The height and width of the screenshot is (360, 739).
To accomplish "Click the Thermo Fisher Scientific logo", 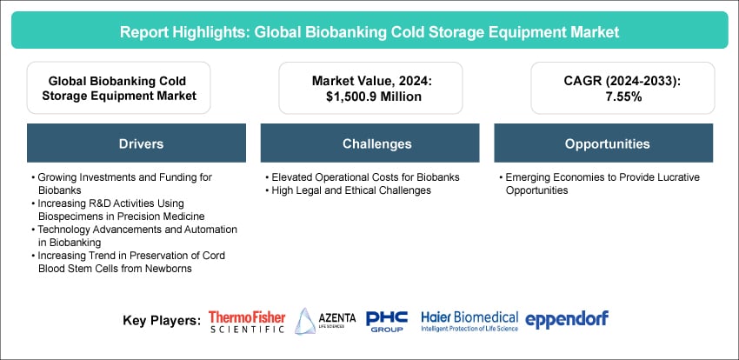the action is point(247,322).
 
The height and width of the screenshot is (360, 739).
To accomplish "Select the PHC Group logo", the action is point(387,322).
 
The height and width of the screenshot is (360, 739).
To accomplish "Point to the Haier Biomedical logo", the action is point(469,321).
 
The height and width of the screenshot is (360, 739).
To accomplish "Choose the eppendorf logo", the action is point(567,320).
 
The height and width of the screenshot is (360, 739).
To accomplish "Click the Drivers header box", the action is point(136,143).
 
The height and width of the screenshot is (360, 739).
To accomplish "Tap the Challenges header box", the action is point(370,143).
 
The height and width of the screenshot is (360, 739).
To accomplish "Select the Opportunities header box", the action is point(603,143).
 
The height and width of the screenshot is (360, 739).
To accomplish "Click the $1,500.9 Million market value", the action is point(370,96).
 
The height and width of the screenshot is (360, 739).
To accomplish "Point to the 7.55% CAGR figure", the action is point(622,96).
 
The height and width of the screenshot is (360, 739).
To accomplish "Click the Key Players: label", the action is point(162,321).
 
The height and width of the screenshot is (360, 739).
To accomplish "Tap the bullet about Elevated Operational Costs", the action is point(363,177).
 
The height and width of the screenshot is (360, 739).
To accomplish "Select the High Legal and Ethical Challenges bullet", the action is point(349,190).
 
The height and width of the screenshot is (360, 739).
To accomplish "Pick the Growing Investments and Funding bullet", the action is point(122,184).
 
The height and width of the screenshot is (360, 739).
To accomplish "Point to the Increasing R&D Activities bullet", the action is point(118,210).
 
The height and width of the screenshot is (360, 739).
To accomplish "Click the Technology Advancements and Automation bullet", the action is point(134,236).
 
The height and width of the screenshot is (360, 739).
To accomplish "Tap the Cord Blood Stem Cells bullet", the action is point(128,263).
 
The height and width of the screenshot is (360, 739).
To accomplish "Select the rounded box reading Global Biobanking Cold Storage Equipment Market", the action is point(119,88).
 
